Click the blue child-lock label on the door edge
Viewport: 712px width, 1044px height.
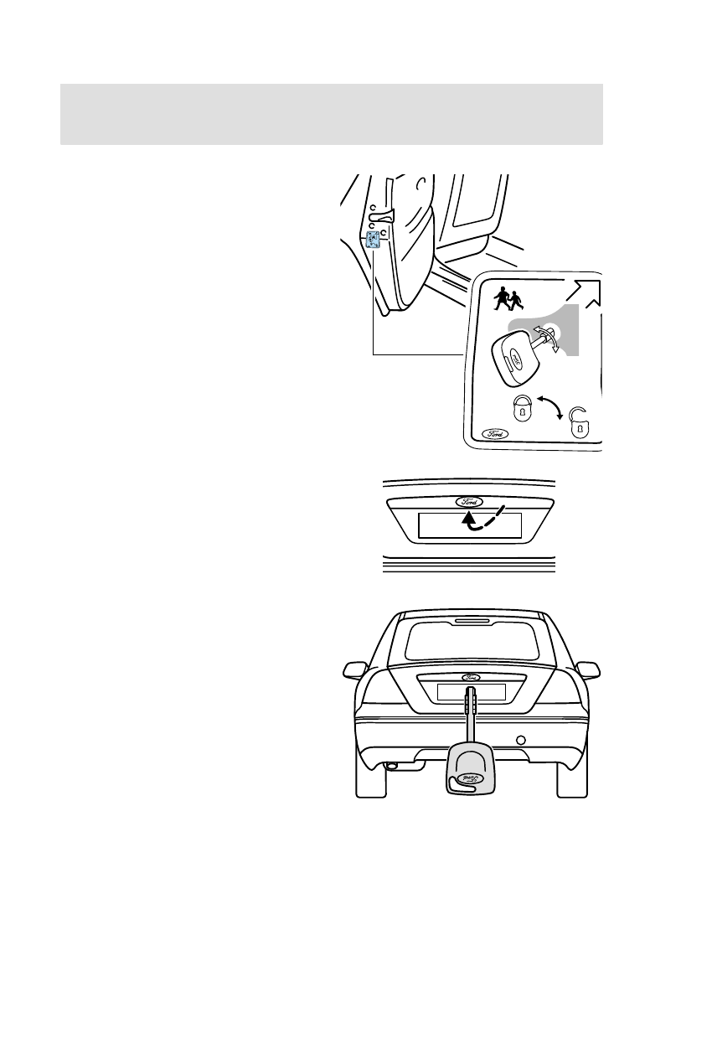(x=373, y=240)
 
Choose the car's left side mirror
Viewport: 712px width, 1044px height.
(x=356, y=670)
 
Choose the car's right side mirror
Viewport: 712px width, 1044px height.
(x=589, y=670)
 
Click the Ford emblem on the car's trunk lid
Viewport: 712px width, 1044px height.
(x=470, y=677)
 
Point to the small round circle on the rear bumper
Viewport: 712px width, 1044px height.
(x=521, y=740)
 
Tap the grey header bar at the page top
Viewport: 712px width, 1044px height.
(x=332, y=114)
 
